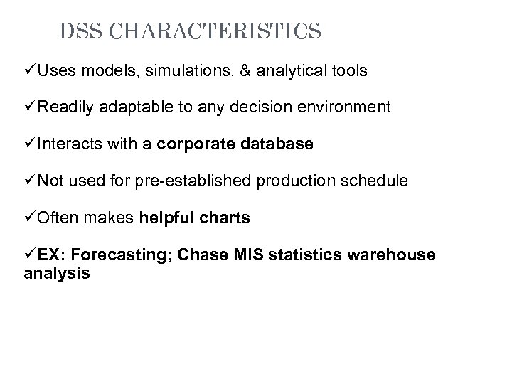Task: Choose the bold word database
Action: point(277,144)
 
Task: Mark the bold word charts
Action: point(227,218)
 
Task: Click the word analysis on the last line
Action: point(57,273)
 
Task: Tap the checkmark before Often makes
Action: point(29,218)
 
